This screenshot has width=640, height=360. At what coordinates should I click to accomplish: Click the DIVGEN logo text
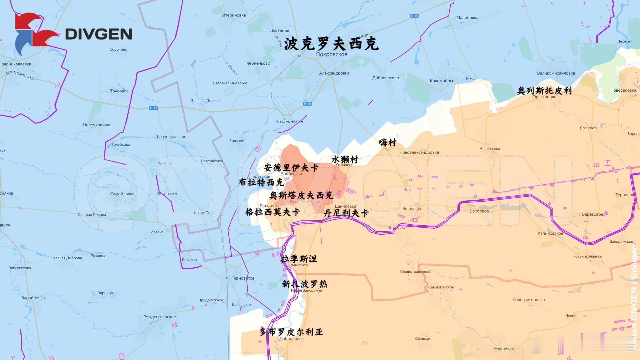click(98, 34)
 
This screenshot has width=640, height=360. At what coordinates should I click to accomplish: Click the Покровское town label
click(331, 54)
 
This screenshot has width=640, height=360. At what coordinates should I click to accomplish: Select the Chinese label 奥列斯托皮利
click(544, 91)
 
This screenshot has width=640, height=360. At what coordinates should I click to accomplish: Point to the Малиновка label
click(467, 18)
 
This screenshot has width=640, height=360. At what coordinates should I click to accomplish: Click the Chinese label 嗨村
click(387, 143)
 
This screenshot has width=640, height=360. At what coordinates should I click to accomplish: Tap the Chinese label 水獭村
click(345, 159)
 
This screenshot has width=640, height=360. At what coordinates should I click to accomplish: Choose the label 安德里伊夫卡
click(291, 167)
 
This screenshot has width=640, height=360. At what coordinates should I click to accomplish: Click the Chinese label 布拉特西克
click(261, 182)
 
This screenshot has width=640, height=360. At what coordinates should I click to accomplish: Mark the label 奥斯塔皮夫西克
click(301, 195)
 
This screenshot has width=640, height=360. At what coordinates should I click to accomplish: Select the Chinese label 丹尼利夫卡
click(346, 213)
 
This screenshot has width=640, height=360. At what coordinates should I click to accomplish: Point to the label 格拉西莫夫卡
click(272, 212)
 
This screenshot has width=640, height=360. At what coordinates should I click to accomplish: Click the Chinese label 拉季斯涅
click(299, 259)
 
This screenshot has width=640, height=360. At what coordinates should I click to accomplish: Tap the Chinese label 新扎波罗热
click(304, 284)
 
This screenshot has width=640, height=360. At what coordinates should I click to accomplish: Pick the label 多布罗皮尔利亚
click(291, 332)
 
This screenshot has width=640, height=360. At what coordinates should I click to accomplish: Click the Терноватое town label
click(243, 278)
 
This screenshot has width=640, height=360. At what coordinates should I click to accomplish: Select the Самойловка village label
click(122, 194)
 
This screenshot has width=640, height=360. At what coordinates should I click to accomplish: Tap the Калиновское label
click(550, 233)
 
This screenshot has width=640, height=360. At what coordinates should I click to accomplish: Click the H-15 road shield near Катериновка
click(414, 16)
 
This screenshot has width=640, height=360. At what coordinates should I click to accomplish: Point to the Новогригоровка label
click(528, 300)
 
